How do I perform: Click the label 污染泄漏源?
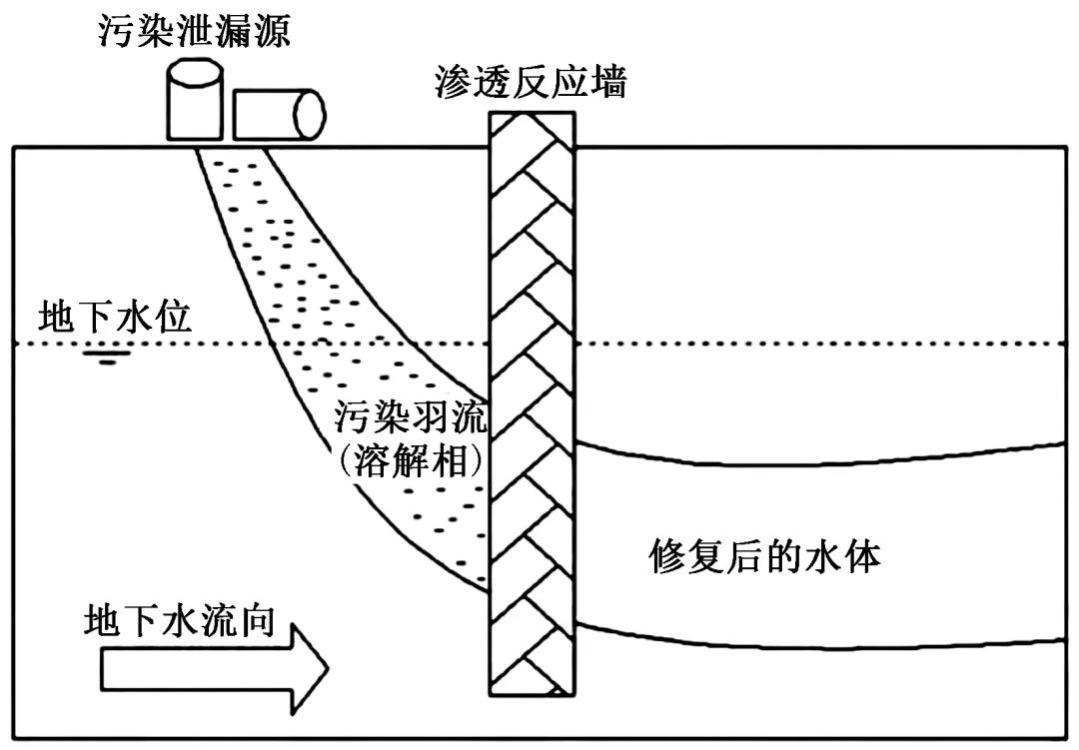pyautogui.click(x=194, y=30)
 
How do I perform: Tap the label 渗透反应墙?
pyautogui.click(x=531, y=81)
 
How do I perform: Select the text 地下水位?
pyautogui.click(x=115, y=317)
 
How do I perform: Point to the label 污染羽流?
pyautogui.click(x=411, y=417)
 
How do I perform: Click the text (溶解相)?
pyautogui.click(x=411, y=461)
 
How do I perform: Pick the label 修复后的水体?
pyautogui.click(x=766, y=556)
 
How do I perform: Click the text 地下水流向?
pyautogui.click(x=180, y=620)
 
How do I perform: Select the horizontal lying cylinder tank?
pyautogui.click(x=279, y=115)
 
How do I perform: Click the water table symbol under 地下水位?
pyautogui.click(x=107, y=357)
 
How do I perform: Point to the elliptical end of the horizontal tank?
pyautogui.click(x=310, y=115)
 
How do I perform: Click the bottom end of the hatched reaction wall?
pyautogui.click(x=532, y=696)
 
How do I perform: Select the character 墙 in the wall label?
pyautogui.click(x=607, y=81)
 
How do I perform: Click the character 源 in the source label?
pyautogui.click(x=272, y=30)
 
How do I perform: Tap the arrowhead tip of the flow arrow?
pyautogui.click(x=328, y=668)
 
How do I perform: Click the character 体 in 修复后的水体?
pyautogui.click(x=863, y=556)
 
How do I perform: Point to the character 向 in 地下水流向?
pyautogui.click(x=258, y=620)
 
